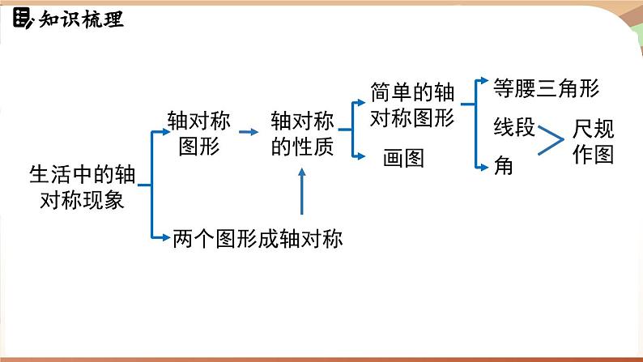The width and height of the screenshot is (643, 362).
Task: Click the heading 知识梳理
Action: click(x=81, y=19)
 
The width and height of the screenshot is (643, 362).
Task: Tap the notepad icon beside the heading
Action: click(x=21, y=19)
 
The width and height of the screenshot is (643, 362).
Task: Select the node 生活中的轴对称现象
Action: click(x=83, y=187)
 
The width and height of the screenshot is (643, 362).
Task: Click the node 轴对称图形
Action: click(x=199, y=133)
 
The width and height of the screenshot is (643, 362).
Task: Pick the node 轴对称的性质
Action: click(x=302, y=134)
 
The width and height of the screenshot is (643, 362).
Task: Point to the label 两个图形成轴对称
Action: click(x=258, y=238)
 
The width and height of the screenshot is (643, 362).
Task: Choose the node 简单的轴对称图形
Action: click(x=412, y=104)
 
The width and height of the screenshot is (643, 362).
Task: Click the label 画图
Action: click(x=403, y=158)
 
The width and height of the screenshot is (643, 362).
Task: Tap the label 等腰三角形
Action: click(x=546, y=87)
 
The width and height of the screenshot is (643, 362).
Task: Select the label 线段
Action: click(x=514, y=126)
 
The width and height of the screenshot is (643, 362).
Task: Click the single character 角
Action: click(x=503, y=166)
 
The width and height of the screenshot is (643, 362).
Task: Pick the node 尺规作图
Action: click(x=593, y=142)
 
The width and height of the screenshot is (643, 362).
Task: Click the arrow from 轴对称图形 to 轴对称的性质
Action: click(x=249, y=132)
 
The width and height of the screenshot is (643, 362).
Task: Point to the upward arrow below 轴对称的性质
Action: click(x=302, y=191)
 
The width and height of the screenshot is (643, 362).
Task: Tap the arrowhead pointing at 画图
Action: click(x=360, y=156)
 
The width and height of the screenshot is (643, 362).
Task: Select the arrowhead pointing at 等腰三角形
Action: click(x=484, y=80)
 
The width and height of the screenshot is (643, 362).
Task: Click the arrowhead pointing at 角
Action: click(x=484, y=168)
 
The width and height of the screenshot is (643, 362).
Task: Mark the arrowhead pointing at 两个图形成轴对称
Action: click(x=166, y=237)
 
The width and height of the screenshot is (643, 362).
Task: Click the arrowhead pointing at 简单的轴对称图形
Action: click(x=360, y=103)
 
